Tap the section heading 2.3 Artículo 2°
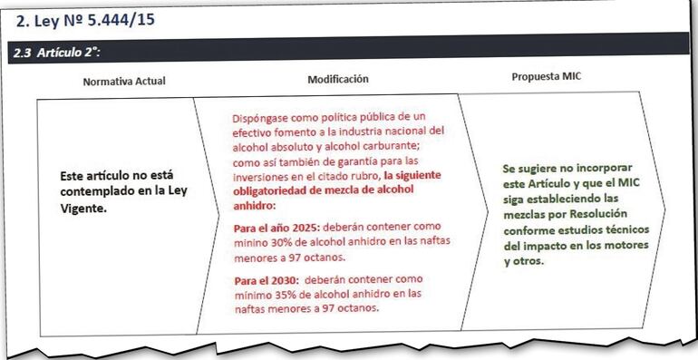pyautogui.click(x=56, y=54)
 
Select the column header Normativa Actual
pyautogui.click(x=124, y=81)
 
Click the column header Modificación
pyautogui.click(x=338, y=79)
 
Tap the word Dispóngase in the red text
pyautogui.click(x=263, y=117)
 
